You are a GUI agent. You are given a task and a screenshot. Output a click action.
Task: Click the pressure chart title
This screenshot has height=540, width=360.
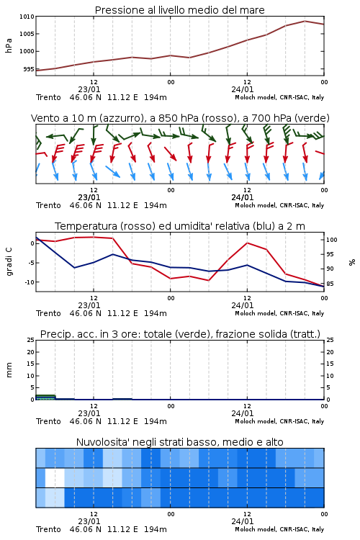(x=179, y=10)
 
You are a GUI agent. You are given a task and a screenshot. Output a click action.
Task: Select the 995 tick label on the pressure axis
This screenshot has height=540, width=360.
(x=29, y=69)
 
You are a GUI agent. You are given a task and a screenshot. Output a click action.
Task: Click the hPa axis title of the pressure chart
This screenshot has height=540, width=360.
(x=9, y=45)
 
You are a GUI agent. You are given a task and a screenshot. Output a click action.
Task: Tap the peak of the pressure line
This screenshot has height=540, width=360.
(x=305, y=21)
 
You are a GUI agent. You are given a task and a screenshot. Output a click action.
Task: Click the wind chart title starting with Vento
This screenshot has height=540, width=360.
(x=180, y=118)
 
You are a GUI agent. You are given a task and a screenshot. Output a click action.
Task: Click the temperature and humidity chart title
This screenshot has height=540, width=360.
(x=180, y=226)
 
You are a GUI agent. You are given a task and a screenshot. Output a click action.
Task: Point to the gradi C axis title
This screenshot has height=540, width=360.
(x=9, y=262)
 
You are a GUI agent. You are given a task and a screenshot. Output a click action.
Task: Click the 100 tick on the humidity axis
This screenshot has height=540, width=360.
(x=331, y=240)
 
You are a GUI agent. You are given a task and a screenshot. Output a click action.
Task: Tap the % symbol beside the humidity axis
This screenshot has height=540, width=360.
(x=352, y=262)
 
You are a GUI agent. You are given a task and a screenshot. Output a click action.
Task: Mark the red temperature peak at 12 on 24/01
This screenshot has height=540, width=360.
(x=247, y=243)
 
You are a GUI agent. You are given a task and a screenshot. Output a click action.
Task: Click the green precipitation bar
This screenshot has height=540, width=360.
(x=45, y=397)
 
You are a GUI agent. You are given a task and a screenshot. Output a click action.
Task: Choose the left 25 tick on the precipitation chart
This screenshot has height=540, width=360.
(x=31, y=340)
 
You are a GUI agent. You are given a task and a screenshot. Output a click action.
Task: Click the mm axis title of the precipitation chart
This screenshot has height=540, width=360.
(x=9, y=370)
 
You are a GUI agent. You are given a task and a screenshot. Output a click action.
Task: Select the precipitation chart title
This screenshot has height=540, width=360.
(x=180, y=334)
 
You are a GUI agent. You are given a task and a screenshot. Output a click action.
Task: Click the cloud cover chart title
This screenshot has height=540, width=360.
(x=179, y=442)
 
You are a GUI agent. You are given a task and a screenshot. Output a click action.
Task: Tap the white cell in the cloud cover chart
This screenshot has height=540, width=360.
(x=55, y=477)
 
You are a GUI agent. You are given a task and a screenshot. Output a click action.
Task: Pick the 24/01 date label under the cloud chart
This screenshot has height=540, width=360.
(x=242, y=521)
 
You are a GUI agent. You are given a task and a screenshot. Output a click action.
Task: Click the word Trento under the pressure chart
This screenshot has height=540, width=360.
(x=48, y=97)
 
